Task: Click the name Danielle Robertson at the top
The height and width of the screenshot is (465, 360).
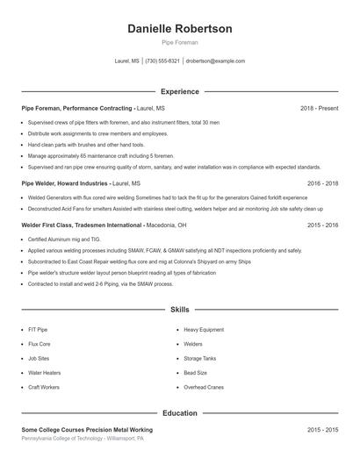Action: tap(180, 29)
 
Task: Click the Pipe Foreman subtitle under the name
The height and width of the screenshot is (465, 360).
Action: tap(180, 42)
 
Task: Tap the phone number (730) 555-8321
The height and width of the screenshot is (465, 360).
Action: tap(162, 61)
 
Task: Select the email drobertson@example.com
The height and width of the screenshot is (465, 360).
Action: tap(215, 61)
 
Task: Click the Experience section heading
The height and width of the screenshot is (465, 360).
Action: tap(180, 91)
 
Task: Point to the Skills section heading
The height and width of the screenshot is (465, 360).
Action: tap(180, 310)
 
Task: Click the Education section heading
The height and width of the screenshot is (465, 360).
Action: tap(180, 412)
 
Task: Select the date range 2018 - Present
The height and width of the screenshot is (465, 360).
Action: tap(319, 108)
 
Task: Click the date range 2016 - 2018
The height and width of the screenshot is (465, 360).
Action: tap(322, 183)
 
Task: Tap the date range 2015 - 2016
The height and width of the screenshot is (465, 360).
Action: tap(322, 225)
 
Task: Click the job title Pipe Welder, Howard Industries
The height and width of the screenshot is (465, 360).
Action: tap(65, 183)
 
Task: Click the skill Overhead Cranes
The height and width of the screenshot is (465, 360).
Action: tap(203, 387)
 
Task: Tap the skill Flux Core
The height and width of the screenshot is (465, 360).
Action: tap(40, 344)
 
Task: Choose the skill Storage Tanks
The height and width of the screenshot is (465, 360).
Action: tap(200, 358)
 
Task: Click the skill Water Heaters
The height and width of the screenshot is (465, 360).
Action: tap(44, 372)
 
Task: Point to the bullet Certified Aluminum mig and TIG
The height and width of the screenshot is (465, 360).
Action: tap(63, 239)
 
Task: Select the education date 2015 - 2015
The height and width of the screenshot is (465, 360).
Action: tap(322, 429)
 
